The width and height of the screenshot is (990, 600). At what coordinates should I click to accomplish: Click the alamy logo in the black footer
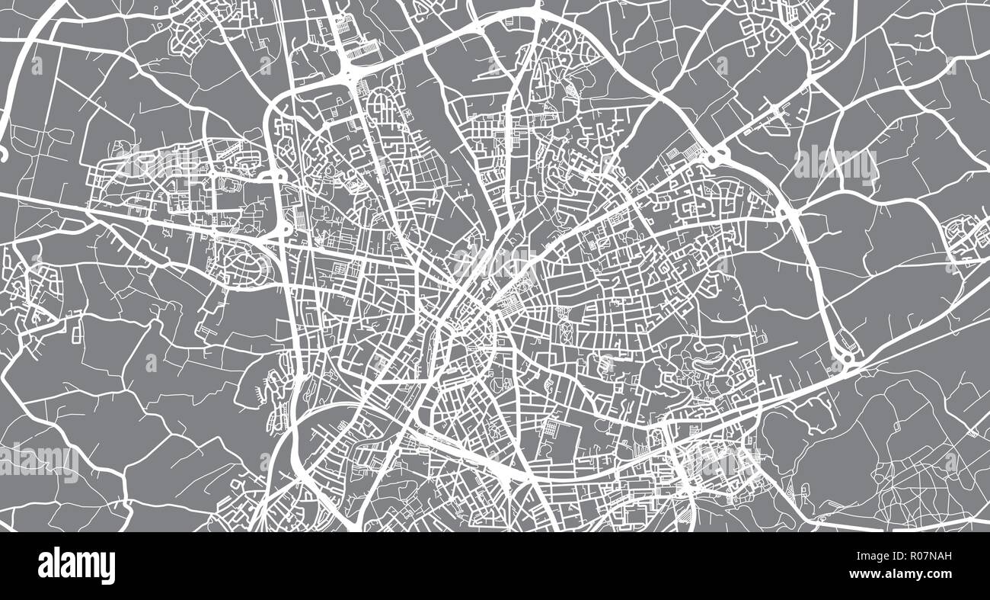coord(76,566)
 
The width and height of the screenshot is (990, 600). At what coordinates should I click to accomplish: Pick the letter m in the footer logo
coord(90,566)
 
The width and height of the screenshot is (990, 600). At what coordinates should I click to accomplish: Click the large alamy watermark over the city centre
coord(495,261)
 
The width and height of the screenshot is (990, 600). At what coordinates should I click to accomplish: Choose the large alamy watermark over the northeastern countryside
coord(835,162)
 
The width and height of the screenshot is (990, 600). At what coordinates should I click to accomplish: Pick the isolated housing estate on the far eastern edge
coord(964,233)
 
